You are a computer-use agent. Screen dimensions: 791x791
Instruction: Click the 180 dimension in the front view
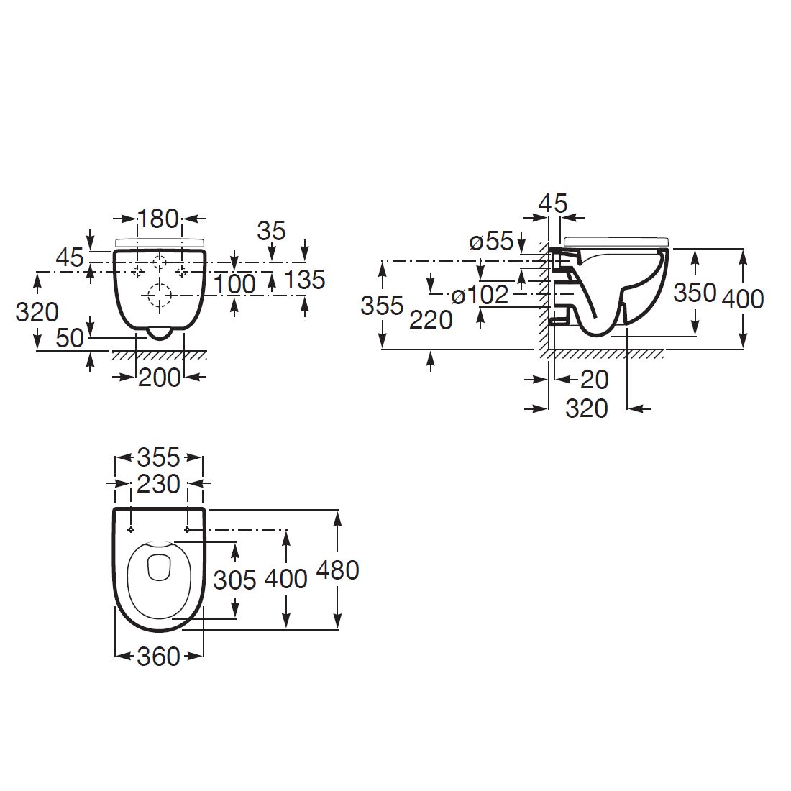(x=158, y=218)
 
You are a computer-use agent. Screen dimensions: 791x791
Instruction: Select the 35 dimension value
(x=271, y=231)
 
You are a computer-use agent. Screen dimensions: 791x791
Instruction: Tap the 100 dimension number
(x=236, y=284)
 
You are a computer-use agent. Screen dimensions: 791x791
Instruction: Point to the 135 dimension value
(x=306, y=280)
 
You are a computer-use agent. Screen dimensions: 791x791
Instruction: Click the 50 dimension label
(x=70, y=337)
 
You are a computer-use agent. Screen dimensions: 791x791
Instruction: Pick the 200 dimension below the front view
(x=159, y=377)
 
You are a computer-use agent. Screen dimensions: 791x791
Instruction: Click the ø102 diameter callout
(x=480, y=295)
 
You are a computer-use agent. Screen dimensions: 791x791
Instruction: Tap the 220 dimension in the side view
(x=431, y=319)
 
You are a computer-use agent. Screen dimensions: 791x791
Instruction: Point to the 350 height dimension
(x=695, y=293)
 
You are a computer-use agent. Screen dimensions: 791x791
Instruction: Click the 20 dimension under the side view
(x=594, y=379)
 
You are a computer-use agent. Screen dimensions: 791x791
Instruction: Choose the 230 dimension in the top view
(x=158, y=484)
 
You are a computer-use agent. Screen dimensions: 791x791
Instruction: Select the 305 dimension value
(x=235, y=580)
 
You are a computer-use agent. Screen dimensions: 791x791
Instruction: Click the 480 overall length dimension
(x=337, y=570)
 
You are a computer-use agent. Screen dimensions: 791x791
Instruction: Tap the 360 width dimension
(x=158, y=656)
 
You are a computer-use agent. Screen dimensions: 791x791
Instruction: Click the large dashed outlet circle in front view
(x=160, y=294)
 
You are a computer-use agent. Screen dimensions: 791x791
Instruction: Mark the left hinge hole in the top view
(x=130, y=530)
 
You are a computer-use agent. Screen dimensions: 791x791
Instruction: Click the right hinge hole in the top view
(x=188, y=530)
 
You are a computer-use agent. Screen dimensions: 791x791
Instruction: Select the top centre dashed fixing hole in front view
(x=160, y=262)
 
